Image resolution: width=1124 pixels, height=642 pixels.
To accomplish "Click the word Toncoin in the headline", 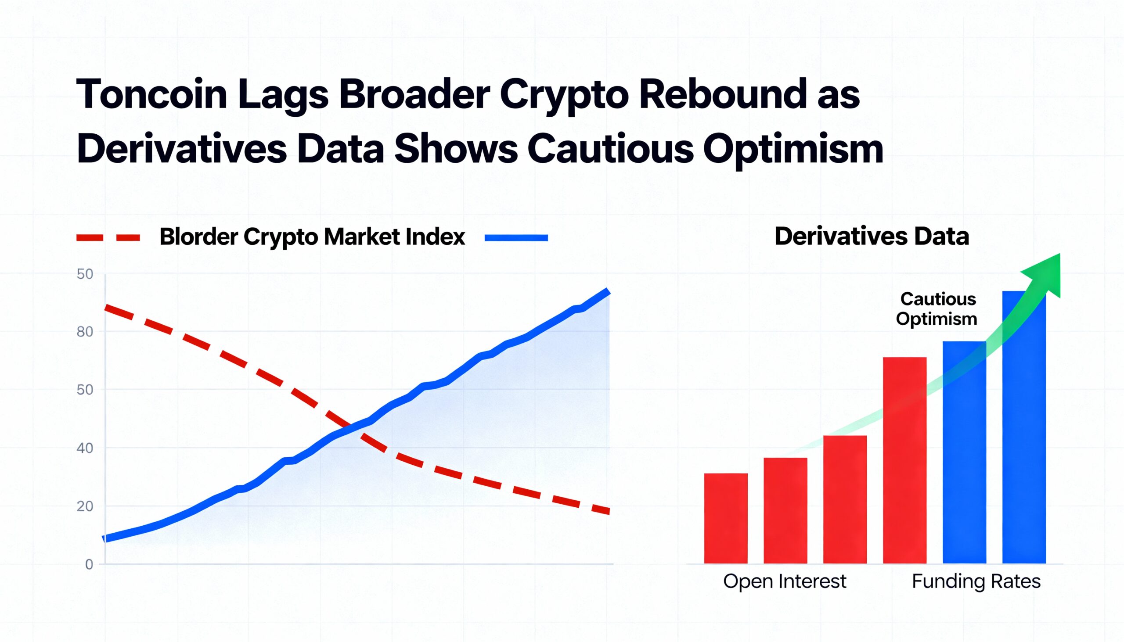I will pyautogui.click(x=152, y=94).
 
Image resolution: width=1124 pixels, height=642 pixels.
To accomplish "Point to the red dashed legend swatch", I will pyautogui.click(x=108, y=238).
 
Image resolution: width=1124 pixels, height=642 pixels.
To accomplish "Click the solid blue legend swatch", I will pyautogui.click(x=516, y=238).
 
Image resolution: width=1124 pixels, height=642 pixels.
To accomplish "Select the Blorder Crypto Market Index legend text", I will pyautogui.click(x=312, y=237).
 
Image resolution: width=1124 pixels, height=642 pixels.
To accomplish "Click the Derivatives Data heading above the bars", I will pyautogui.click(x=872, y=237).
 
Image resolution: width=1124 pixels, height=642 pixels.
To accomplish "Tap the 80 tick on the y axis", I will pyautogui.click(x=85, y=332).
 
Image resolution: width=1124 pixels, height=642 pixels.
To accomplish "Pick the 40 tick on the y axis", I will pyautogui.click(x=85, y=448).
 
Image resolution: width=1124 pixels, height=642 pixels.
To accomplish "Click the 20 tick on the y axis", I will pyautogui.click(x=85, y=506).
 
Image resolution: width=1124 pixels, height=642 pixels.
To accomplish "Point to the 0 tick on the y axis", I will pyautogui.click(x=89, y=564).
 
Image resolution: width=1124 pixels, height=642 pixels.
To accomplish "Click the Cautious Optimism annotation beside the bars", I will pyautogui.click(x=937, y=308).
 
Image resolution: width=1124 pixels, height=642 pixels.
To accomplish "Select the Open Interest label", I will pyautogui.click(x=784, y=581).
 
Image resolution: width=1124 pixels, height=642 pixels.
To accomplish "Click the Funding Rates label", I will pyautogui.click(x=976, y=581).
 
